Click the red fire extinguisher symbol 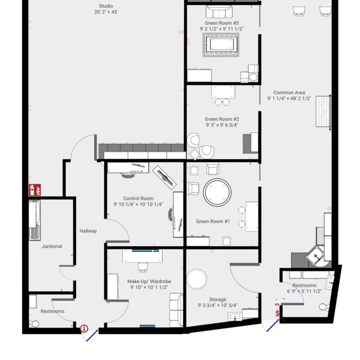coord(35,190)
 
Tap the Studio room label coord(106,6)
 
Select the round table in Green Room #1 coord(217,192)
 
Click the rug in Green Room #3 coord(222,45)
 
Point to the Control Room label coord(138,199)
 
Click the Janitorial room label coord(52,246)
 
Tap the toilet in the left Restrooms coord(34,324)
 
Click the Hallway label coord(88,231)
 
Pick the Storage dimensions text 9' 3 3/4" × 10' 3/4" coord(217,305)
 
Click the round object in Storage coord(196,279)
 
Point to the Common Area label coord(289,93)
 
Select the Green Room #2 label coord(222,119)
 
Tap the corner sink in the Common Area coord(316,256)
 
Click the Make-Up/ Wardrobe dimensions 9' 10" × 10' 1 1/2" coord(149,287)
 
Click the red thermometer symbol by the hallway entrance coord(85,328)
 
